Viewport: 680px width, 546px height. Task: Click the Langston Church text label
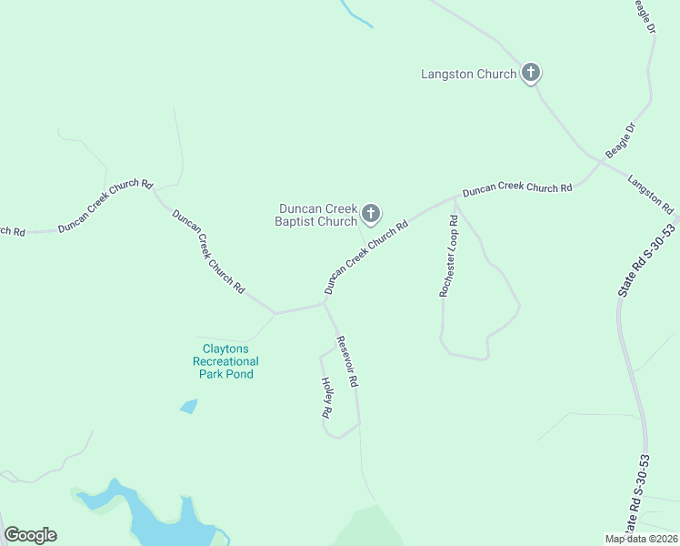pyautogui.click(x=469, y=75)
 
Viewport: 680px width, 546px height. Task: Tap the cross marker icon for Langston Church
pyautogui.click(x=531, y=74)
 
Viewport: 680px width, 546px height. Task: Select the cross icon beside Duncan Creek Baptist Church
pyautogui.click(x=370, y=215)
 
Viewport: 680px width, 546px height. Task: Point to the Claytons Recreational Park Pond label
pyautogui.click(x=225, y=361)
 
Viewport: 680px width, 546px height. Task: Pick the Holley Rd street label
pyautogui.click(x=325, y=398)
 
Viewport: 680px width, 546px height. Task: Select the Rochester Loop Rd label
pyautogui.click(x=448, y=257)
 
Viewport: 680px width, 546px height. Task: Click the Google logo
pyautogui.click(x=31, y=535)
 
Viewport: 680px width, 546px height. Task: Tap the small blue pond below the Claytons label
pyautogui.click(x=189, y=406)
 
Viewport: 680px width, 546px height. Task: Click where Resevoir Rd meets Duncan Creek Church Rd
pyautogui.click(x=325, y=304)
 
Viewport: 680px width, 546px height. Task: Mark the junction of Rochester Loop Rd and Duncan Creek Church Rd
pyautogui.click(x=455, y=197)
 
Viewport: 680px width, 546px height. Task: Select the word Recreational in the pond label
pyautogui.click(x=225, y=361)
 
